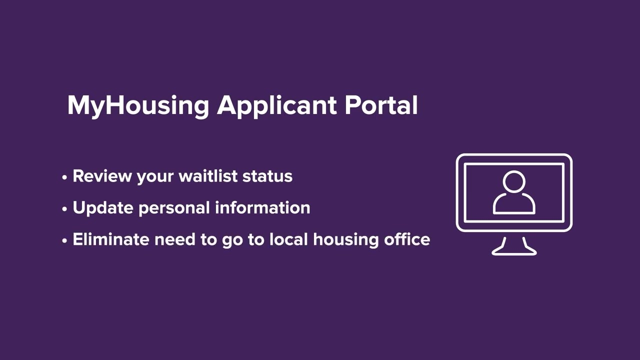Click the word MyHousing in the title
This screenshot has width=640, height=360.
click(137, 106)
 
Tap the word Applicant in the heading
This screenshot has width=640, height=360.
click(276, 106)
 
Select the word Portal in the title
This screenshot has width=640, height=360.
click(381, 105)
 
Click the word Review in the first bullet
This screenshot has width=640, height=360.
click(102, 176)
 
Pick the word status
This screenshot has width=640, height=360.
click(267, 176)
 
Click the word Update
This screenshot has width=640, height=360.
click(103, 208)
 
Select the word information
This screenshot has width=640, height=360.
click(262, 207)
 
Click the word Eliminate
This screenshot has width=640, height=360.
click(111, 239)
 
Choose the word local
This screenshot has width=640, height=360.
click(289, 239)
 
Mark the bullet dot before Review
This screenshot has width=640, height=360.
click(64, 177)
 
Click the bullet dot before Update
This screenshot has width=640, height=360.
click(64, 209)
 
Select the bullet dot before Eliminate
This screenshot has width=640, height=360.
click(64, 241)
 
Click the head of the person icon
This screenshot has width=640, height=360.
click(514, 182)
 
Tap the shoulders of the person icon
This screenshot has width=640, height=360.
click(514, 204)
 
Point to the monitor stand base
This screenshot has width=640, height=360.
click(514, 252)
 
